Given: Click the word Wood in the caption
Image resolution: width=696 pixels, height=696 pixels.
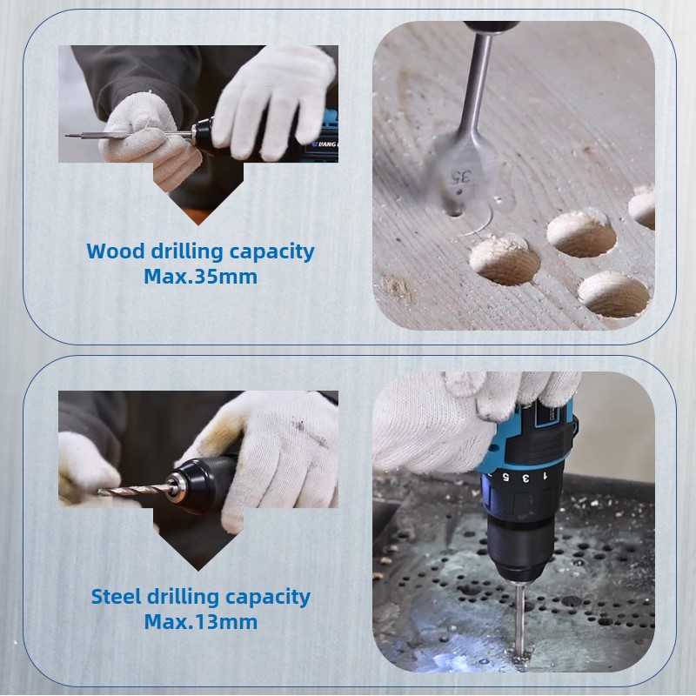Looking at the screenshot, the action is click(x=116, y=251).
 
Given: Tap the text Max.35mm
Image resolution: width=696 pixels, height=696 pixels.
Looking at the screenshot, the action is click(x=201, y=277).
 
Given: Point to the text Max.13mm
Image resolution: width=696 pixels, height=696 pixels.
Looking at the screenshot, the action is click(x=201, y=621).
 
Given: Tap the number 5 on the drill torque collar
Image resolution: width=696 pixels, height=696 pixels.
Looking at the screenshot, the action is click(x=505, y=478).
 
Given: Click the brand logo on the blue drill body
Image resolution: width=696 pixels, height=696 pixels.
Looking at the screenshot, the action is click(x=324, y=144).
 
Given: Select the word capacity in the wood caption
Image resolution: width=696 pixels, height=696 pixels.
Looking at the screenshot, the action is click(x=271, y=252).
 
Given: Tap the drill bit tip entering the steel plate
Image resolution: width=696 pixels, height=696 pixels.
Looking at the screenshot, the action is click(x=518, y=656).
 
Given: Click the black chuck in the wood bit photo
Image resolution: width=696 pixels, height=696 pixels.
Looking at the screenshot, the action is click(x=204, y=137).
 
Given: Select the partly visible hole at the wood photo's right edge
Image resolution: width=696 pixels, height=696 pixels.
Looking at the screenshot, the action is click(x=642, y=206).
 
